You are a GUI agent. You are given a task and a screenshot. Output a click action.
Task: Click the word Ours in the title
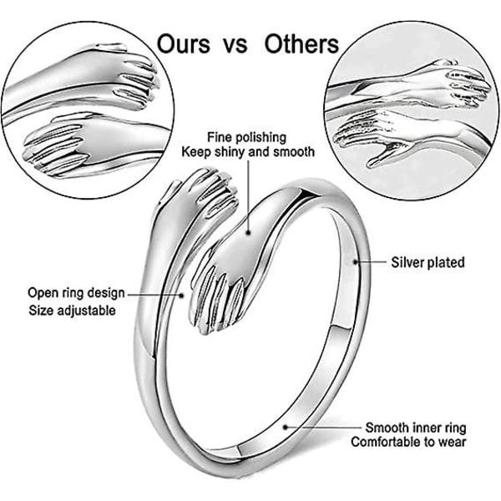184,43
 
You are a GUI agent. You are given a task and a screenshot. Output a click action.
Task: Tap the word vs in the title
235,46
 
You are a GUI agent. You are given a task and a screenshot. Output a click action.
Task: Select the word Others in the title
301,43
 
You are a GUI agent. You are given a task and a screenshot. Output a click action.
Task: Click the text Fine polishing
246,137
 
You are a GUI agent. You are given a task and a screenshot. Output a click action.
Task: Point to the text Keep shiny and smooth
248,152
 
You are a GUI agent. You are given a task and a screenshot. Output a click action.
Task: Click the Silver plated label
428,262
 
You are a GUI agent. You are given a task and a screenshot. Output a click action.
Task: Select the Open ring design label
76,293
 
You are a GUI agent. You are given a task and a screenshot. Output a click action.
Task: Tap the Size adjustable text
72,311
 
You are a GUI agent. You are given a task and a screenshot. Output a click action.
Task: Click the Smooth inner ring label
416,428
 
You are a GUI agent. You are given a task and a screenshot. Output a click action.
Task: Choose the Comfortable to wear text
408,443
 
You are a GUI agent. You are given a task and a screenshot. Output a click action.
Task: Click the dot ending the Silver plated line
356,262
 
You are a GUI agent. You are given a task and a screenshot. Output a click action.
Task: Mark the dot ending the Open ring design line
181,296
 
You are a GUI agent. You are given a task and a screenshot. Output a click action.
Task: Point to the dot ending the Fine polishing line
248,233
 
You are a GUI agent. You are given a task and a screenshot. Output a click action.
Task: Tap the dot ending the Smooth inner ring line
286,427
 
